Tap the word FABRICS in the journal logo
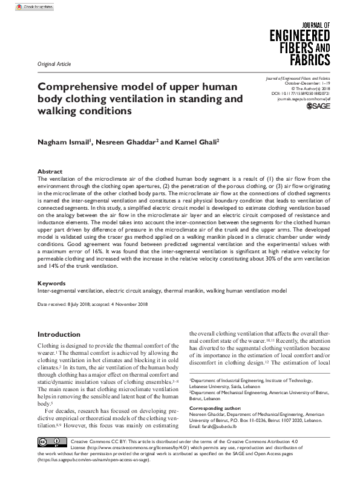coord(309,59)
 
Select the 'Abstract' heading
coord(50,172)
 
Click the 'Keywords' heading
coord(51,283)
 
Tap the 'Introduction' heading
coord(59,334)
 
